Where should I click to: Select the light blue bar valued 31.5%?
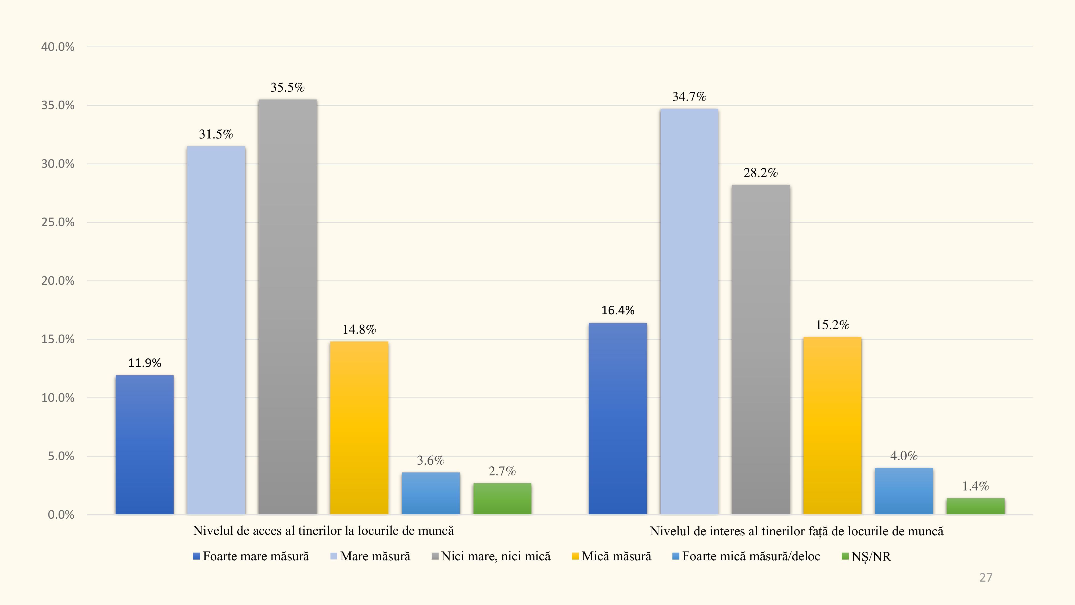tap(216, 330)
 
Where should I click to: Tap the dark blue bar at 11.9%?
tap(144, 445)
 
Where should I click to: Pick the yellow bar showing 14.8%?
tap(359, 428)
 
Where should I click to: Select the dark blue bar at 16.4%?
tap(618, 418)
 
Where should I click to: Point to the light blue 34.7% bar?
tap(689, 311)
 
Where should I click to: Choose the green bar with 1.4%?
tap(975, 506)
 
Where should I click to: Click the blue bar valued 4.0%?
tap(904, 491)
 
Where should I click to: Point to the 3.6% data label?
tap(430, 461)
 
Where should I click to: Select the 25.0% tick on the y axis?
tap(58, 222)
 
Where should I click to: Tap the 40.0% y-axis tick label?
tap(58, 47)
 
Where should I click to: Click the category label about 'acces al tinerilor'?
tap(323, 531)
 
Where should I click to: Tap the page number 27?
tap(986, 578)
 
